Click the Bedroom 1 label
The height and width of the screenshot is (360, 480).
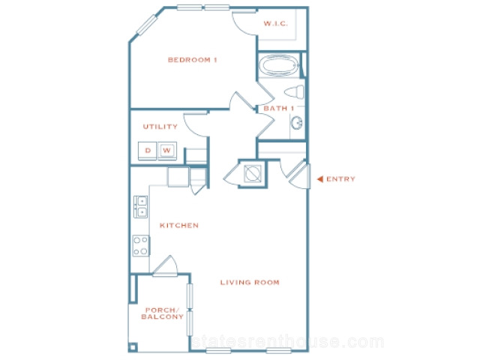click(x=192, y=60)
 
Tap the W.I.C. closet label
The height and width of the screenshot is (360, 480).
click(x=275, y=23)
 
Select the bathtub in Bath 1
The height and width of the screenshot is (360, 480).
click(x=279, y=65)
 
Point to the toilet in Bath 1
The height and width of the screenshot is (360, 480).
click(x=294, y=92)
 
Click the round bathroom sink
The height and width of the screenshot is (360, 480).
click(x=297, y=123)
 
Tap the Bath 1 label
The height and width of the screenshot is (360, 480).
click(x=278, y=108)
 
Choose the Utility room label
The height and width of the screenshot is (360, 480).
click(x=160, y=127)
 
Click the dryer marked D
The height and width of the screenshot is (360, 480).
click(x=148, y=151)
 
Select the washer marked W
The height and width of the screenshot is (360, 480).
click(x=166, y=151)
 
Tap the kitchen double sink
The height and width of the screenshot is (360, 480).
click(x=140, y=207)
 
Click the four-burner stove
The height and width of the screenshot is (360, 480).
click(x=141, y=245)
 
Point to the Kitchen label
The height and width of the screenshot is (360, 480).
click(x=179, y=225)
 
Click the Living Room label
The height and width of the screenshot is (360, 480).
click(x=250, y=282)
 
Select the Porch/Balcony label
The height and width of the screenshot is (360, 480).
click(x=162, y=313)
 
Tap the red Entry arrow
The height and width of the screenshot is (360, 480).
click(x=320, y=179)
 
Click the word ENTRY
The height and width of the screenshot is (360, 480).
click(x=340, y=179)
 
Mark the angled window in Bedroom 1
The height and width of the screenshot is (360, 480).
click(x=147, y=25)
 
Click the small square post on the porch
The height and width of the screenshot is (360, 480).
click(x=133, y=347)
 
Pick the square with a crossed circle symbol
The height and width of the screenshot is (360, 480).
click(x=253, y=173)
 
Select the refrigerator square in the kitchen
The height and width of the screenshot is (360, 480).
click(x=178, y=177)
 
